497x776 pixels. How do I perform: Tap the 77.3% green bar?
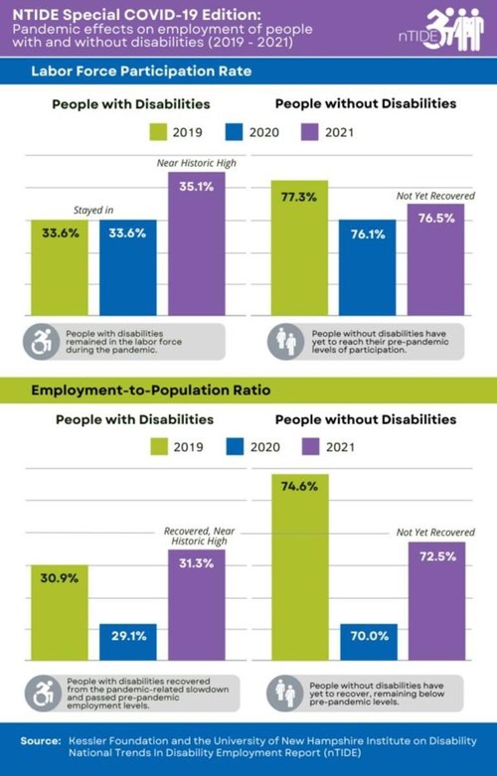click(299, 248)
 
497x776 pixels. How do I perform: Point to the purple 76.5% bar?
click(435, 258)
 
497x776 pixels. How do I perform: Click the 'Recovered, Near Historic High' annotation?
click(196, 537)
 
